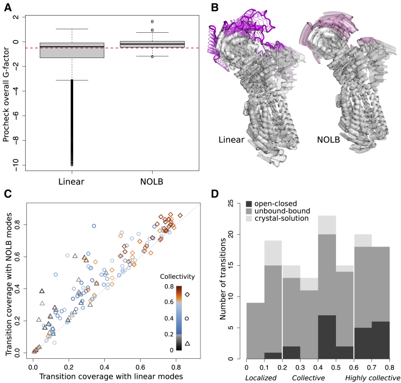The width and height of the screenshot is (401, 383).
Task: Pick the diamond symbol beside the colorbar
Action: (x=187, y=294)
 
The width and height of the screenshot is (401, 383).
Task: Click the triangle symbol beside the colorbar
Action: (x=187, y=343)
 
